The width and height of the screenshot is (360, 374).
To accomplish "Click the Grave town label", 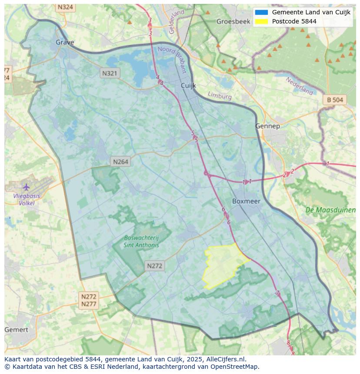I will [65, 42].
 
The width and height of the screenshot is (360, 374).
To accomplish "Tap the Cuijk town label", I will [189, 86].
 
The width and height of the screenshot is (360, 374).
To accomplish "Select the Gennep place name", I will [267, 126].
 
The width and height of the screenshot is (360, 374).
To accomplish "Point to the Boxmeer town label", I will [246, 201].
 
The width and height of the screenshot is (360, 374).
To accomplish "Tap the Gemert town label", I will [16, 330].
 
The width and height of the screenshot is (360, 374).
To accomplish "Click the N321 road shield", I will [110, 73].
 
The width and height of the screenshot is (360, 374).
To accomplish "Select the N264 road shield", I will [120, 162].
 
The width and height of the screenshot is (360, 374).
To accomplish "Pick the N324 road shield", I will [65, 7].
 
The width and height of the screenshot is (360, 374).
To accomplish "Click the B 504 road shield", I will [335, 100].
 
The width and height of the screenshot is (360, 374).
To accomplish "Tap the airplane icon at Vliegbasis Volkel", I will [27, 187].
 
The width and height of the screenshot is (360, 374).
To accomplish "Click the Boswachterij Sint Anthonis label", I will [142, 241].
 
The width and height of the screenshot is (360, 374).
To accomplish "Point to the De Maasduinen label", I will [330, 210].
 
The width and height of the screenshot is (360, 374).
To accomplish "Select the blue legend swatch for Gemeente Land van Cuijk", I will [261, 12].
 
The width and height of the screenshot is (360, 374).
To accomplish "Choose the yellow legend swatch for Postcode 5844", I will [261, 21].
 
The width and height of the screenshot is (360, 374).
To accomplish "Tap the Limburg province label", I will [220, 96].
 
